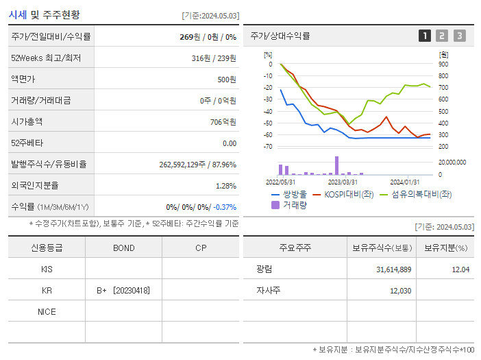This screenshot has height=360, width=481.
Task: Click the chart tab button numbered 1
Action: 425,36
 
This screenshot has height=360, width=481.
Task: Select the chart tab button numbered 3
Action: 459,36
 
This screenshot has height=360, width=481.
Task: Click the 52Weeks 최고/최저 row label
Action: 36,58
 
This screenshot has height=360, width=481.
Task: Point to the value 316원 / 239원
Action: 214,58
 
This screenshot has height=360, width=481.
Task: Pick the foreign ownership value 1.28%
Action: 225,186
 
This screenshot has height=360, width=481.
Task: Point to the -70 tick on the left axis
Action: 267,147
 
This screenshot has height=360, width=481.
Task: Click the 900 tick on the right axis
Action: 443,64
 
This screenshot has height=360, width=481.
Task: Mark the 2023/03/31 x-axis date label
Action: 343,182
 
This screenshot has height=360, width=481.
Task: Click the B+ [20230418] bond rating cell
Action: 123,290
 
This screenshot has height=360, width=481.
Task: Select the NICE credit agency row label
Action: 47,311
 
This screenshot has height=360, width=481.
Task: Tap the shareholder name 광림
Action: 264,269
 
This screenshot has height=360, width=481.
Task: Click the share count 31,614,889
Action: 394,269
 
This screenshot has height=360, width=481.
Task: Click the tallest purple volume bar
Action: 336,166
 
